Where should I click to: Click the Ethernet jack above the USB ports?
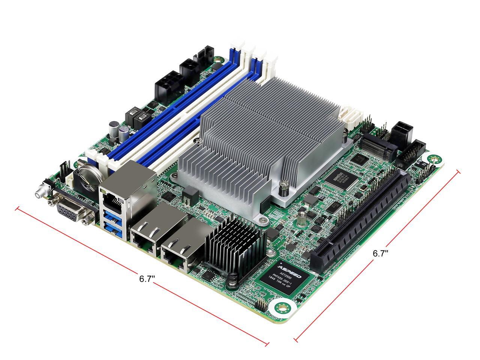(112, 201)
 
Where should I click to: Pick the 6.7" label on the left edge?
(147, 279)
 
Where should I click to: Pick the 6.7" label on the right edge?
(380, 253)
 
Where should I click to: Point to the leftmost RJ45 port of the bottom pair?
(144, 236)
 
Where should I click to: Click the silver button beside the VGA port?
(39, 194)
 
